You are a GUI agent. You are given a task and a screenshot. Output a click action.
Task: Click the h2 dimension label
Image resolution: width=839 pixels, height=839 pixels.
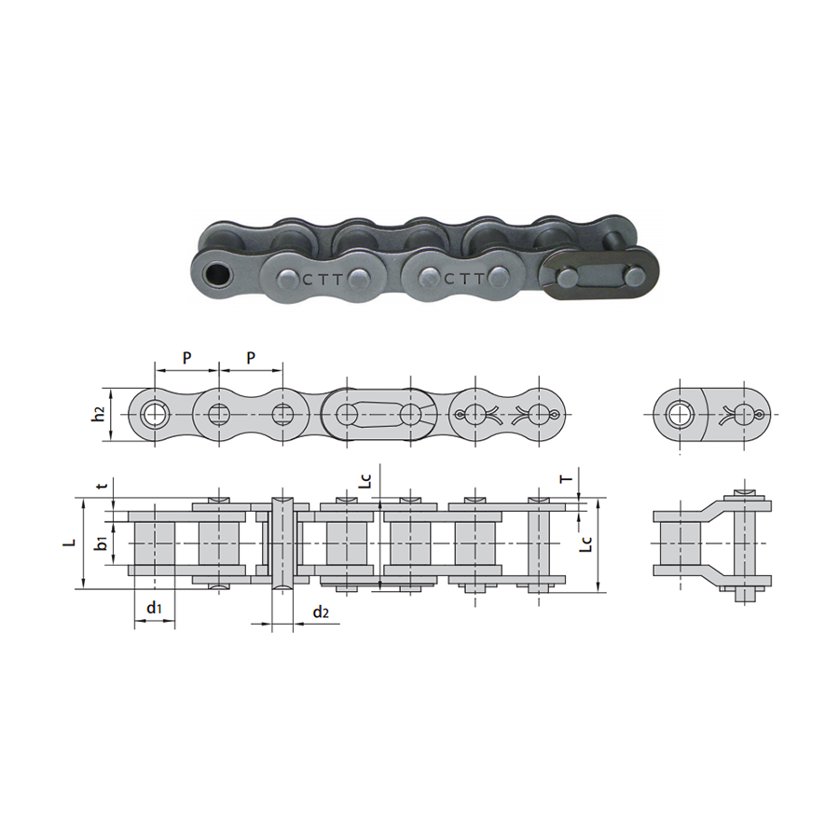(98, 415)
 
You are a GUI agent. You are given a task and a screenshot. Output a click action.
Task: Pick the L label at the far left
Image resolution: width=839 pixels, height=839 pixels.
(67, 542)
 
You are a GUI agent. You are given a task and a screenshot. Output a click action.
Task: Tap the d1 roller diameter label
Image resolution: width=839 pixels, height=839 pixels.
(154, 610)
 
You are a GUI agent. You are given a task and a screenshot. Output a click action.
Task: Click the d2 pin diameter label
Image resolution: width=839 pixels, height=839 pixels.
(321, 612)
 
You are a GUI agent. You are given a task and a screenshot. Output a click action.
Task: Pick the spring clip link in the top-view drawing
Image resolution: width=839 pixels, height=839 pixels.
(508, 414)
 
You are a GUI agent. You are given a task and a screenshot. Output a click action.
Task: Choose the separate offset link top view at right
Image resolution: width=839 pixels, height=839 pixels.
(713, 414)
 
